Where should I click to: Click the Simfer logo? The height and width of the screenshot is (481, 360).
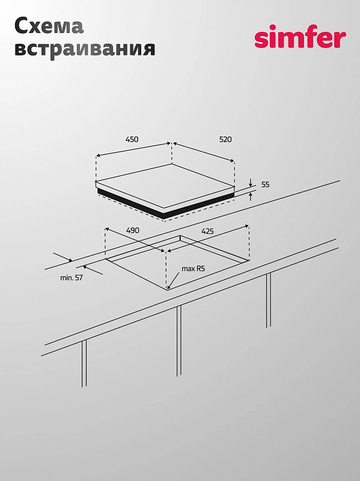pos(300,38)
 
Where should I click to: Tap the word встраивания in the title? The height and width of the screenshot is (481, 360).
pos(84,48)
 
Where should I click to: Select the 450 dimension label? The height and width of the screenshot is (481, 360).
pos(132,139)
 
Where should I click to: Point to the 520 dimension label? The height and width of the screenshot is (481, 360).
pos(225,139)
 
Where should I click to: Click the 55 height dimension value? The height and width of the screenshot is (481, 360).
pos(265,185)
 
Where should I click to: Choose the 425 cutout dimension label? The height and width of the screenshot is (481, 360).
pos(207,231)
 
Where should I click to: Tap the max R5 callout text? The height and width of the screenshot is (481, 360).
pos(193,269)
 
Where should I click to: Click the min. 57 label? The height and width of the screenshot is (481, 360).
pos(71,277)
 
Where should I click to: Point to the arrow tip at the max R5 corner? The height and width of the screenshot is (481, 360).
pos(169,288)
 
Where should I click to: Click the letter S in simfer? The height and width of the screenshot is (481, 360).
pos(261,40)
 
